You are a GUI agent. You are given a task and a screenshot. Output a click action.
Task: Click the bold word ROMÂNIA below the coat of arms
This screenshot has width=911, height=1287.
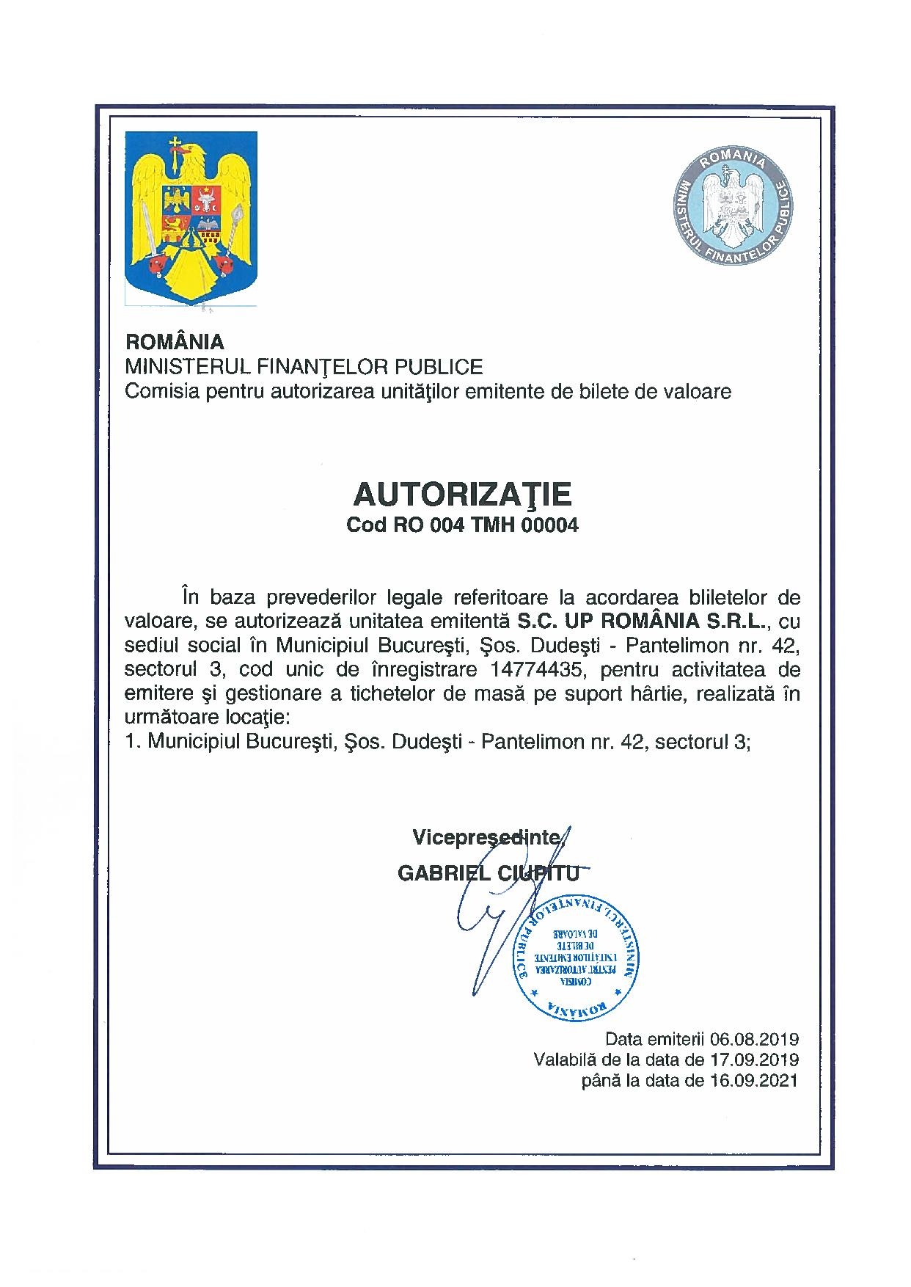175,342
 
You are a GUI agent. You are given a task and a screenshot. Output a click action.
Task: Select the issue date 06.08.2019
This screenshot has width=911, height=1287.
755,1039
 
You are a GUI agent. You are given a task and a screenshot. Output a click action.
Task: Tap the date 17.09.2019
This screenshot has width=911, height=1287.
755,1060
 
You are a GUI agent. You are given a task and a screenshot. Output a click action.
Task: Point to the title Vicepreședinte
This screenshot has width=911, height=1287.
487,836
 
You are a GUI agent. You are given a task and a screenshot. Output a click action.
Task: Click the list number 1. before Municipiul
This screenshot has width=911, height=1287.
133,742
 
